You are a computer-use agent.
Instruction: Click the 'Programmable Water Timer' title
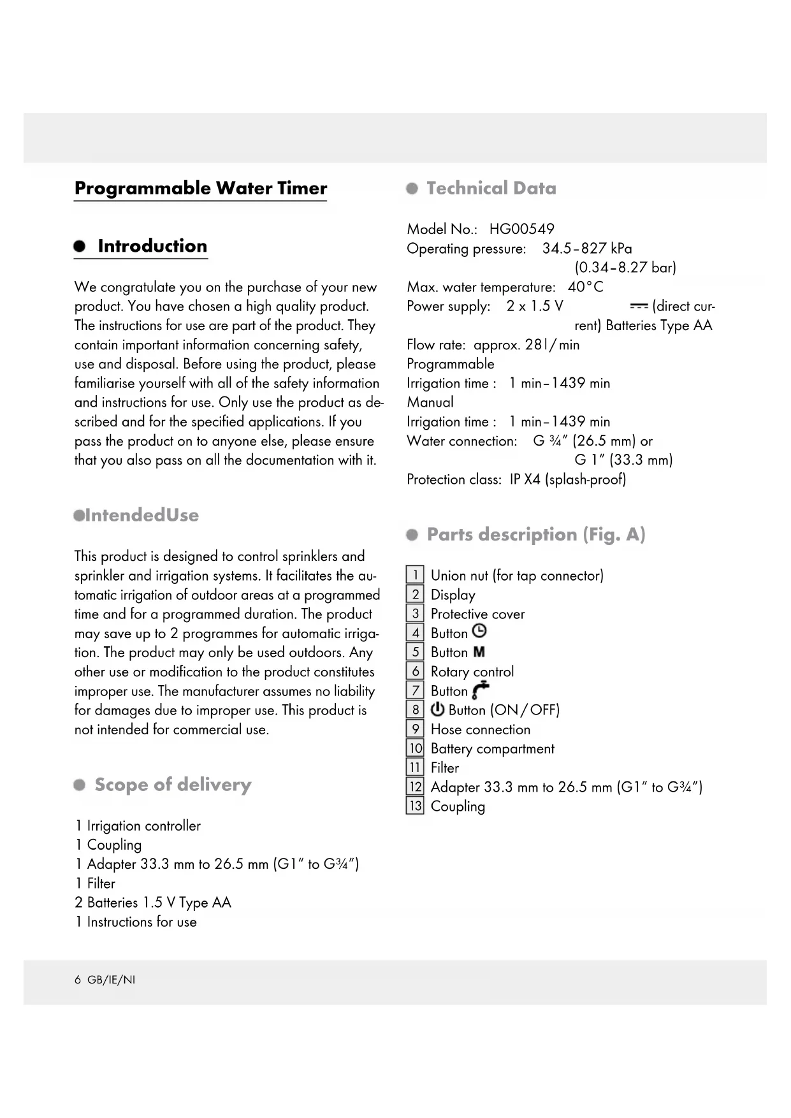pos(200,189)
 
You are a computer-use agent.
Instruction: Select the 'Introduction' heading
pos(152,246)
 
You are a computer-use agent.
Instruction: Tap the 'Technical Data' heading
pos(491,188)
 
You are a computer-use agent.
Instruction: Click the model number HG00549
pos(521,229)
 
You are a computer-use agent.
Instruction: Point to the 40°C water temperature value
pos(585,287)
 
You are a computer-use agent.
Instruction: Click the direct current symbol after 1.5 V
pos(638,307)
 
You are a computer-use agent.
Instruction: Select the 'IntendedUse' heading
pos(141,515)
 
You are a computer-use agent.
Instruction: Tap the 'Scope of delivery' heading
pos(173,785)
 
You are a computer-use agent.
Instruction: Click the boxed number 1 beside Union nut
pos(415,575)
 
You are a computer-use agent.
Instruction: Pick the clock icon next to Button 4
pos(479,632)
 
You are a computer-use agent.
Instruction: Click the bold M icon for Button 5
pos(479,652)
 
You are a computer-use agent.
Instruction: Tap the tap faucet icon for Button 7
pos(481,690)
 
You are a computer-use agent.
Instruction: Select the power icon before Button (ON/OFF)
pos(438,709)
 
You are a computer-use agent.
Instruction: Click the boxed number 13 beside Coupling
pos(415,806)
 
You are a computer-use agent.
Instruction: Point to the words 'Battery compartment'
pos(492,749)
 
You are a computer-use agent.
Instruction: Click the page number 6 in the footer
pos(78,980)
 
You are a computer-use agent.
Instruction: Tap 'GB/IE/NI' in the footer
pos(111,980)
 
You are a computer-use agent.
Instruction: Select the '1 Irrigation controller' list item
pos(138,826)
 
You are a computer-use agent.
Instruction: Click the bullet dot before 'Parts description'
pos(412,535)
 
